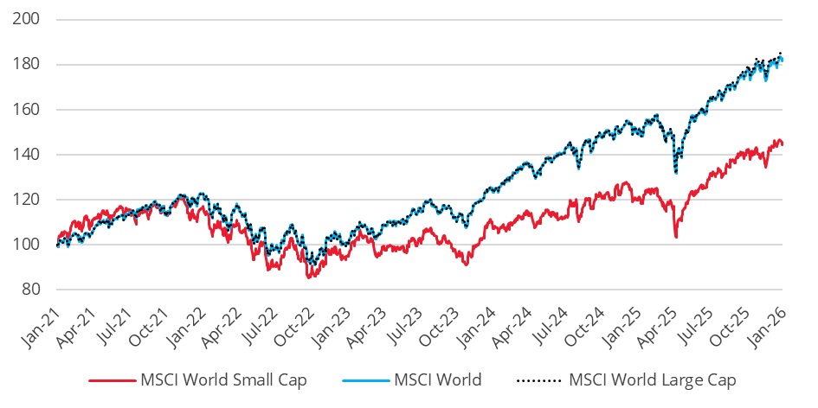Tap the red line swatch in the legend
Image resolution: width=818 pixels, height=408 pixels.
(112, 379)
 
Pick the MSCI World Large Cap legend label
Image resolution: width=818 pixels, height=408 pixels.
(653, 379)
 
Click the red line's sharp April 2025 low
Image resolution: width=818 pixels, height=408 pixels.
(676, 237)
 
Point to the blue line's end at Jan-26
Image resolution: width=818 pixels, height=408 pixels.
(783, 58)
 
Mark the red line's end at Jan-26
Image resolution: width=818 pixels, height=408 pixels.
(783, 143)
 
